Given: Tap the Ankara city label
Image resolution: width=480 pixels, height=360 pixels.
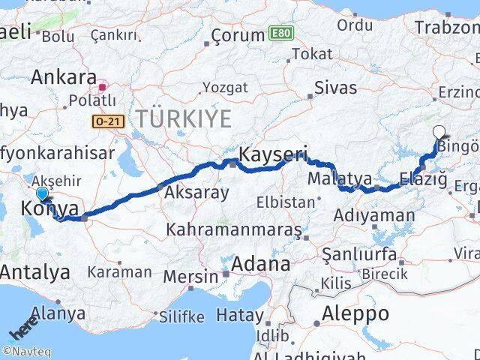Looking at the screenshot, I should (64, 77).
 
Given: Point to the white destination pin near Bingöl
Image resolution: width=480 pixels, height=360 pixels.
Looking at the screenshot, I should (439, 133).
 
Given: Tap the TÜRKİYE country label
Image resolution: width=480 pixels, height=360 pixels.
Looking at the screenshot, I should (183, 118).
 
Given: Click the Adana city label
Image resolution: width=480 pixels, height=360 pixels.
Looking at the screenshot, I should (261, 264).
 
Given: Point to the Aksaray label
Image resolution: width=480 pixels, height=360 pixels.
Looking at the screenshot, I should (197, 193).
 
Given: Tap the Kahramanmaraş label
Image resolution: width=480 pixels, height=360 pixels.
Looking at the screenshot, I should (235, 228).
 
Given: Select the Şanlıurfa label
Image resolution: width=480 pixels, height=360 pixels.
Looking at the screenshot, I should (359, 254).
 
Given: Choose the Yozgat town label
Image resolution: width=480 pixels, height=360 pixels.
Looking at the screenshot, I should (225, 88).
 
